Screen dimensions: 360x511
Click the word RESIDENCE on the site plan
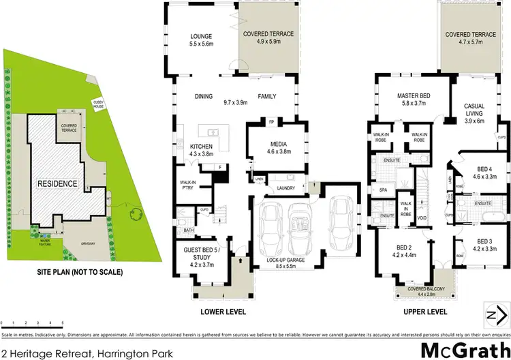tap(58, 184)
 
